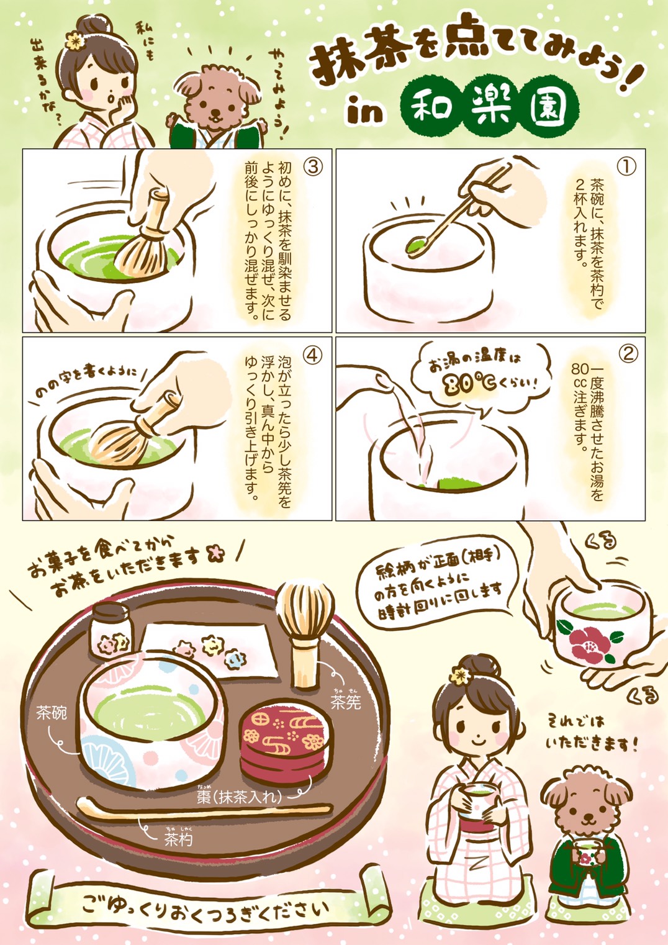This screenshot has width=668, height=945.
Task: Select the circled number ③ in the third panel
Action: [313, 166]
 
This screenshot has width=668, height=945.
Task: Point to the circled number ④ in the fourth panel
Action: [313, 355]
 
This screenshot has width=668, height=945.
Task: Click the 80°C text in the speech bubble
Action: [469, 383]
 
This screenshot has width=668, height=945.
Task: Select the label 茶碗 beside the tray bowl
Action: [52, 713]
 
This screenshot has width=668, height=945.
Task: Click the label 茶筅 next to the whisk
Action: [345, 702]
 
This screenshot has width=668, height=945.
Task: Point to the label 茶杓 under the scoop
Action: [178, 839]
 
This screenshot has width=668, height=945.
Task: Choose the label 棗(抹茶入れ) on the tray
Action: [240, 797]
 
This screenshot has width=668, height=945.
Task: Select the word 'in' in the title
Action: [364, 112]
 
